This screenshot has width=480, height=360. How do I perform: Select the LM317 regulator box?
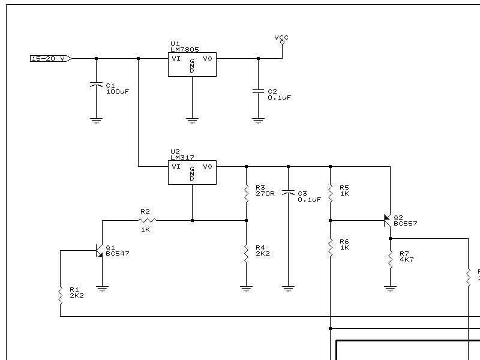(192, 172)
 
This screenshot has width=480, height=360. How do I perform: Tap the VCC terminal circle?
(282, 43)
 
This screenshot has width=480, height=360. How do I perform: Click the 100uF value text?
(118, 92)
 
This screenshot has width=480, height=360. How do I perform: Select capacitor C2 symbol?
(258, 91)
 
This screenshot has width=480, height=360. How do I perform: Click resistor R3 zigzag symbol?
(246, 193)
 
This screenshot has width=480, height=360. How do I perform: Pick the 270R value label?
(265, 194)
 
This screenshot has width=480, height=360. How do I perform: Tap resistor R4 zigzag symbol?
(246, 253)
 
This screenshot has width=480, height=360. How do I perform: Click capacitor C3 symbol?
(288, 193)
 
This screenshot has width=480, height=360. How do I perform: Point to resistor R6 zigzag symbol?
(330, 247)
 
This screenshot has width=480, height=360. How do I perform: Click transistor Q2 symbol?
(386, 220)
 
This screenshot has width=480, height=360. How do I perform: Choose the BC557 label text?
(405, 223)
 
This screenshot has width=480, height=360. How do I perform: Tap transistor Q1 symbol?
(100, 250)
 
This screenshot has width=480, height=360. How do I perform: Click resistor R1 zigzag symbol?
(60, 295)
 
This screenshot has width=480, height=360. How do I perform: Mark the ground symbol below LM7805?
(192, 121)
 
